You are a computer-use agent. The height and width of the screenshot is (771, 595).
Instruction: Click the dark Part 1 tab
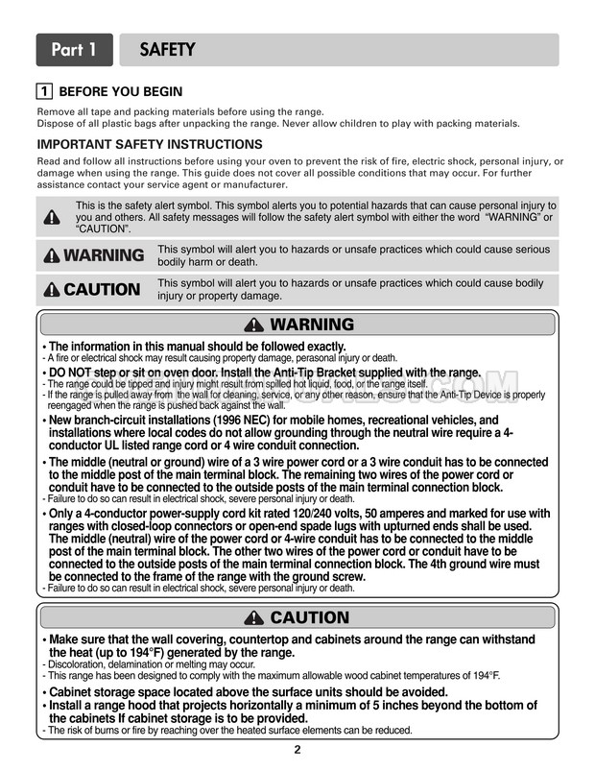(74, 49)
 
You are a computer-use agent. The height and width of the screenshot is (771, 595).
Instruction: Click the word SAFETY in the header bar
(168, 49)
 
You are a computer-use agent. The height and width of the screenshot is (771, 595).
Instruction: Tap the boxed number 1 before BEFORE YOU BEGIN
(43, 92)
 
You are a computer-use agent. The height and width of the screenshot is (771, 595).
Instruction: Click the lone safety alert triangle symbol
(53, 217)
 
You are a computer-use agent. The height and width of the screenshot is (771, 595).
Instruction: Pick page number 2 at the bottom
(297, 750)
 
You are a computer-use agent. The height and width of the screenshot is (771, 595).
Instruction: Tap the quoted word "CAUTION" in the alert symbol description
(104, 229)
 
